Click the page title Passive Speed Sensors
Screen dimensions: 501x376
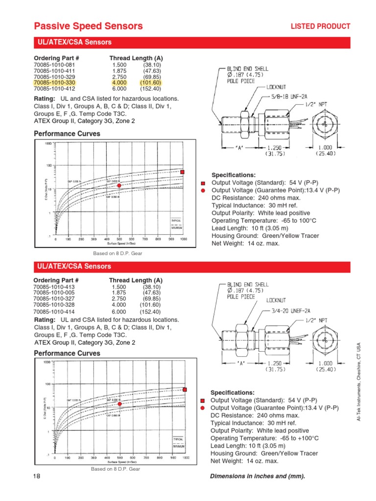click(x=88, y=26)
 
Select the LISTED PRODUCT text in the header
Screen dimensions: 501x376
click(x=321, y=26)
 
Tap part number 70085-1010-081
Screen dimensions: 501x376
click(x=54, y=65)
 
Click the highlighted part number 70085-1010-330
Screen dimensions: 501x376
click(x=54, y=83)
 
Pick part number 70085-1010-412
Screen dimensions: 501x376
click(x=54, y=89)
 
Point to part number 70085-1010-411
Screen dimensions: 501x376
click(x=54, y=71)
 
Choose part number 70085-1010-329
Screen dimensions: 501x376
click(x=54, y=77)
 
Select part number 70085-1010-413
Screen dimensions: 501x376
click(x=54, y=287)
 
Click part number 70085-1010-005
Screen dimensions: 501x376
click(x=54, y=293)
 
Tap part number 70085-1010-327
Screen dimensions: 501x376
click(x=54, y=298)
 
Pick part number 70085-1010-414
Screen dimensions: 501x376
click(x=54, y=312)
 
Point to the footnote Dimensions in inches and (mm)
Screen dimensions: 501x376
click(x=257, y=477)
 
